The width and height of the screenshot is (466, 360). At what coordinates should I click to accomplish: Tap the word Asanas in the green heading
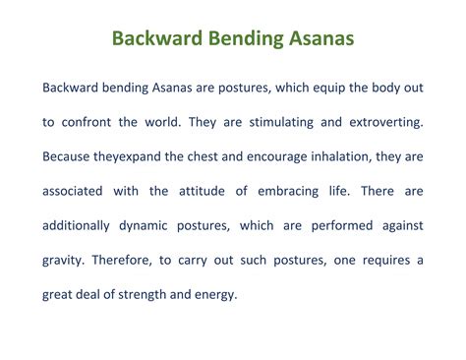[x=316, y=40]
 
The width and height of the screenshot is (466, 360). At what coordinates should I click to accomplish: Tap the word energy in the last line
[x=213, y=294]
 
